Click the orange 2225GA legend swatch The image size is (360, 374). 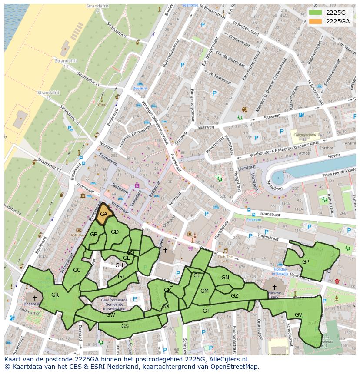tap(316, 21)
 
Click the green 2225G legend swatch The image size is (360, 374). tap(316, 12)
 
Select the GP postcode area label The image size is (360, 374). tap(306, 261)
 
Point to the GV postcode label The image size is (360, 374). tap(298, 314)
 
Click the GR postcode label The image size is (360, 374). tap(55, 295)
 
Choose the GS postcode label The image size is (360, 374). tap(125, 326)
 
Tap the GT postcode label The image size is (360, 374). tap(206, 311)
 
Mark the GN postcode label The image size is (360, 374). tap(225, 278)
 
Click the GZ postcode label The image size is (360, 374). tap(234, 296)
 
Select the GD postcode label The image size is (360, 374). tap(115, 232)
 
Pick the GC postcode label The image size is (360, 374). tap(77, 270)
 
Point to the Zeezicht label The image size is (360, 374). tap(140, 88)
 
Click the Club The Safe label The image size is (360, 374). tap(225, 258)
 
